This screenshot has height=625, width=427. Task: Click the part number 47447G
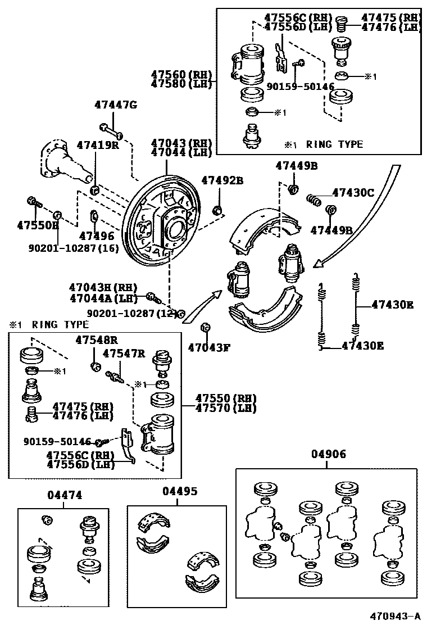115,105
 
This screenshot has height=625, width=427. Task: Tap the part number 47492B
222,180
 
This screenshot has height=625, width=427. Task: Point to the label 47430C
352,192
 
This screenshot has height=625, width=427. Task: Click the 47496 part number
96,236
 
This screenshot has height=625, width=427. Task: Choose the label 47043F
209,347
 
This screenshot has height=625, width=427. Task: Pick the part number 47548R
97,340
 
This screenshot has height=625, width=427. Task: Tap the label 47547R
124,354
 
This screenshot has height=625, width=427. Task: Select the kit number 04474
65,495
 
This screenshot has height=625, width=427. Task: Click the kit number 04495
180,491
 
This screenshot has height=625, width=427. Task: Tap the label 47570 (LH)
226,408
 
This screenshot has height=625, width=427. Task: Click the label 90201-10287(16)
73,247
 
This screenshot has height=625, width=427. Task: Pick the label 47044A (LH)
103,298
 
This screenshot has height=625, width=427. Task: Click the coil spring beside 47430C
314,200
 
